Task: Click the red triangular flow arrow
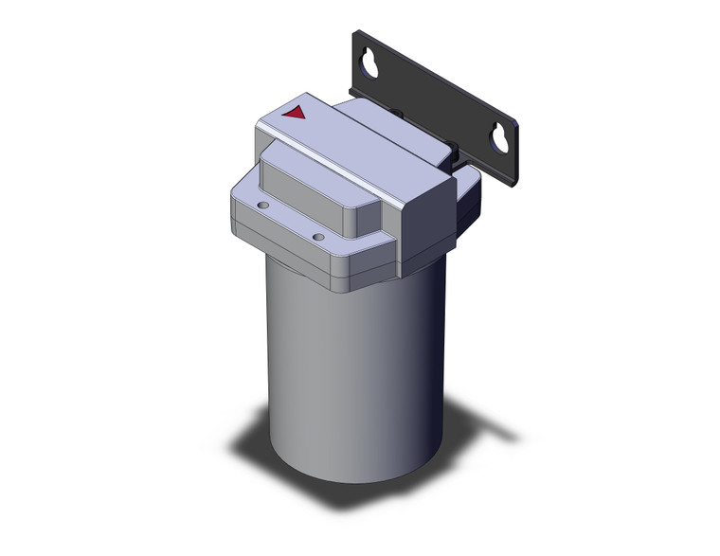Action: click(295, 114)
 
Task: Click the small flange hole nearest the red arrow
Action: click(264, 204)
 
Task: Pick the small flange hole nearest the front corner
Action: click(318, 236)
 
